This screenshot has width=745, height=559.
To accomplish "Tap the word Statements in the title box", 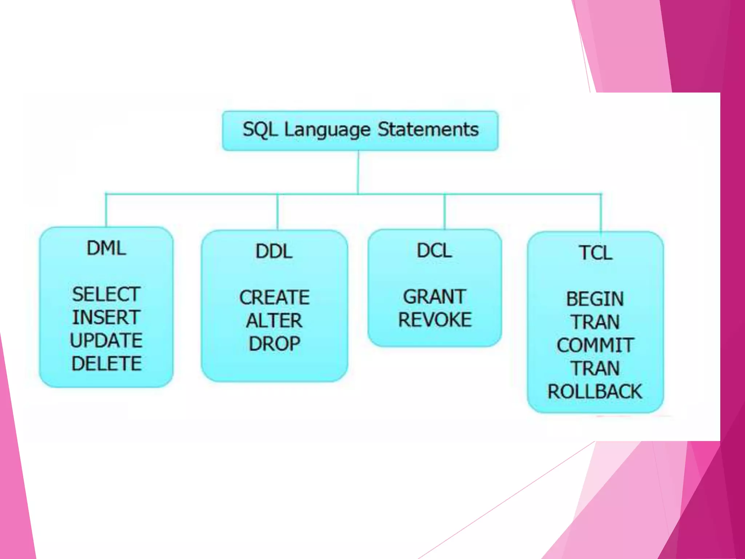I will pyautogui.click(x=428, y=130).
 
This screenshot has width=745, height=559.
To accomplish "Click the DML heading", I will pyautogui.click(x=106, y=249).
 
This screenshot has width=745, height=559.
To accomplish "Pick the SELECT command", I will pyautogui.click(x=106, y=294).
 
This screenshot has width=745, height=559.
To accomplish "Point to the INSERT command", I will pyautogui.click(x=106, y=317).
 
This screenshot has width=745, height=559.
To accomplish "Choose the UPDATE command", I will pyautogui.click(x=106, y=341).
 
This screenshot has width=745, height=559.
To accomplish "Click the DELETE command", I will pyautogui.click(x=106, y=364).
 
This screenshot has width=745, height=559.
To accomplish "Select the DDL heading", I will pyautogui.click(x=274, y=251).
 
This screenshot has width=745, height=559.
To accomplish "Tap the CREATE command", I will pyautogui.click(x=275, y=297).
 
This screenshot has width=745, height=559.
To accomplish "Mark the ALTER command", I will pyautogui.click(x=274, y=321).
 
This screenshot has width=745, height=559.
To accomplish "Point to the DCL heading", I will pyautogui.click(x=434, y=251).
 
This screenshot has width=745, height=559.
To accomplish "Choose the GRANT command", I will pyautogui.click(x=434, y=297).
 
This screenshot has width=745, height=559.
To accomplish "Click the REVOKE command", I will pyautogui.click(x=435, y=320).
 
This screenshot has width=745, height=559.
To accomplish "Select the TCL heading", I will pyautogui.click(x=595, y=253).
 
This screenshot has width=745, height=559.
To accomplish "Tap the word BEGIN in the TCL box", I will pyautogui.click(x=595, y=299).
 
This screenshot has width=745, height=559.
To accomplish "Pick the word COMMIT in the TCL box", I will pyautogui.click(x=595, y=345).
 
